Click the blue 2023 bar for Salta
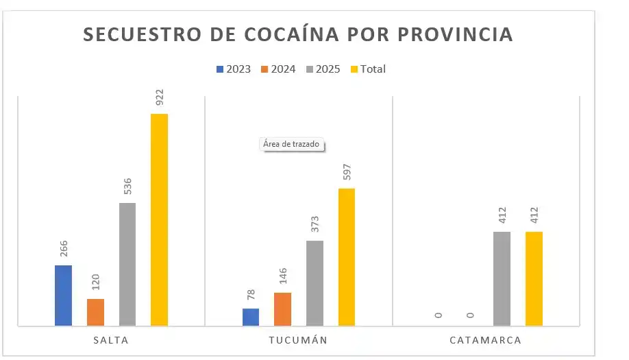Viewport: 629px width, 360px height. coord(63,295)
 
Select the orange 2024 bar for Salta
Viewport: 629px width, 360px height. coord(95,312)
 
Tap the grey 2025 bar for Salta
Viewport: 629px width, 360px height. coord(127,264)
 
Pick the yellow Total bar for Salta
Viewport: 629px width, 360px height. coord(159,219)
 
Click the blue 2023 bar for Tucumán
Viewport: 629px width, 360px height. coord(251,317)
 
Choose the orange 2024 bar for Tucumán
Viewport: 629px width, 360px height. coord(282,309)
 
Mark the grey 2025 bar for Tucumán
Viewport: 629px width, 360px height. coord(314,283)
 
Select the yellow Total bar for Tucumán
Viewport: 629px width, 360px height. coord(347,256)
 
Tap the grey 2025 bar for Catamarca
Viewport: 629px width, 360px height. coord(502,278)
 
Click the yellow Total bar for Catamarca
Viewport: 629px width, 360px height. coord(534,278)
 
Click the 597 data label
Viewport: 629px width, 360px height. coord(347,172)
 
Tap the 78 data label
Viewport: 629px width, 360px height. coord(251,295)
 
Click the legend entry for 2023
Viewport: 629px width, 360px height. coord(234,69)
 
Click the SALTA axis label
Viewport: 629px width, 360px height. coord(111,340)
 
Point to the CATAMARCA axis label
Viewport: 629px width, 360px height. coord(486,340)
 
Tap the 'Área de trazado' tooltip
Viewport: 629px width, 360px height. coord(292,145)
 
